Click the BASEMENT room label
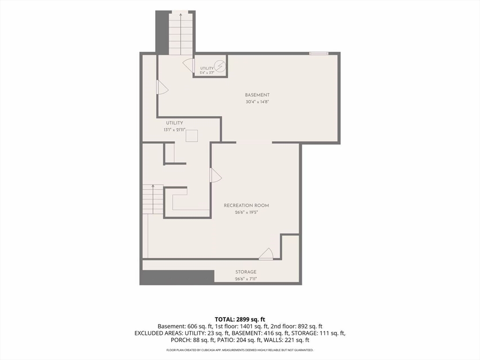(x=257, y=95)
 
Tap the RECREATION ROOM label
(x=247, y=205)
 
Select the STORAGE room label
(x=246, y=272)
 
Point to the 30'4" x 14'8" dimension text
(x=257, y=102)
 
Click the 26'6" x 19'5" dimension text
(x=247, y=212)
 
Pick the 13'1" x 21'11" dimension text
(x=174, y=130)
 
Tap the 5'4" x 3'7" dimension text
(x=207, y=73)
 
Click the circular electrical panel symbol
(x=219, y=66)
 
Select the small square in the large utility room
(x=192, y=136)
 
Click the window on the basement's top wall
(x=319, y=53)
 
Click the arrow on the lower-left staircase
(x=153, y=199)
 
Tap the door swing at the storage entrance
(x=266, y=254)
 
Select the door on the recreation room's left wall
(x=216, y=175)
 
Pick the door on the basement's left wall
(x=162, y=87)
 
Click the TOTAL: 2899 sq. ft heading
(x=240, y=320)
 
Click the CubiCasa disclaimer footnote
(x=240, y=350)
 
